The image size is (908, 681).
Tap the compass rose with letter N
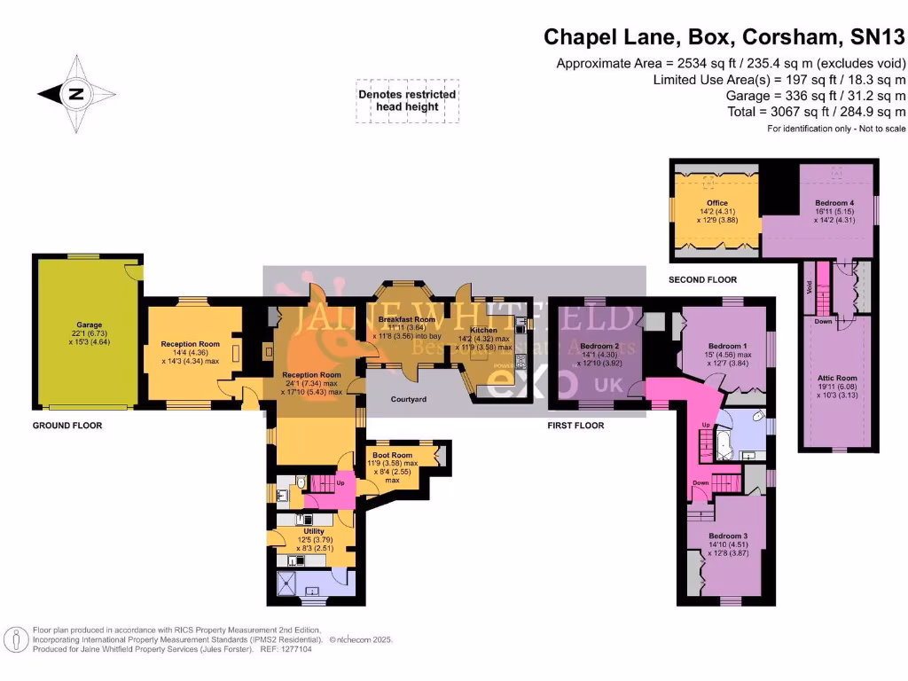click(x=76, y=93)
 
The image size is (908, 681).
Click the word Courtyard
click(x=409, y=400)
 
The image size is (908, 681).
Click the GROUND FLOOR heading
click(x=67, y=426)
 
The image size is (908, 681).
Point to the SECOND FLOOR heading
click(x=703, y=280)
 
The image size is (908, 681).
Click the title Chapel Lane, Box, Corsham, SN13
click(x=724, y=37)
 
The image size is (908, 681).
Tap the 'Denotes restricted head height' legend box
click(x=407, y=100)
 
